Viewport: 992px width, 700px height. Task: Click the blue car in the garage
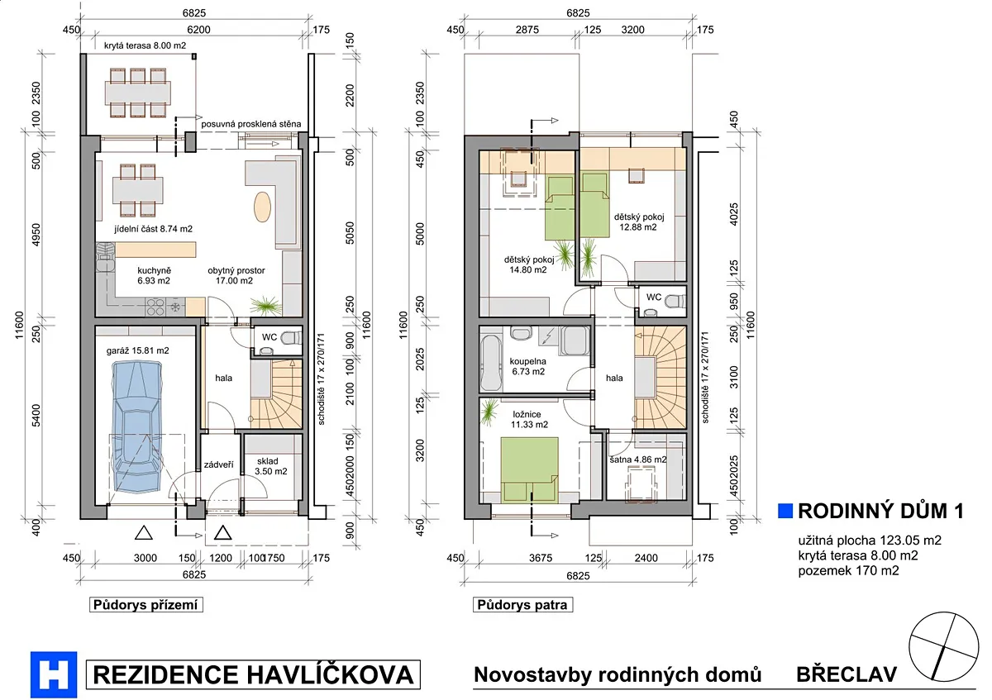(136, 426)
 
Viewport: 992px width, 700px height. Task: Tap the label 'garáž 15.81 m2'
(137, 350)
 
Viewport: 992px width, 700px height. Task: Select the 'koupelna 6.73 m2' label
(528, 366)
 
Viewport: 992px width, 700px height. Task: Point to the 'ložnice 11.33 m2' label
(529, 419)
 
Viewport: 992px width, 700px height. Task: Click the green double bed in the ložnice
(529, 469)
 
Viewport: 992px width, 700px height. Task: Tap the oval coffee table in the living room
(262, 207)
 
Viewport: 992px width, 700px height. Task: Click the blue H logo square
(54, 674)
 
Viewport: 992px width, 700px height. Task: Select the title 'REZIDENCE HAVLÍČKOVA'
(253, 674)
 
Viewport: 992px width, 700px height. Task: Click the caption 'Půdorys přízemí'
(145, 604)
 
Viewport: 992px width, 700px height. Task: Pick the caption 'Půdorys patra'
(522, 604)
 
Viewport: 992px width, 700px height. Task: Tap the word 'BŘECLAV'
(847, 674)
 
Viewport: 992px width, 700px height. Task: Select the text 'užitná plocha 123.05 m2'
(870, 540)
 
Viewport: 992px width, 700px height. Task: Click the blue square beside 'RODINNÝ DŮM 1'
(785, 511)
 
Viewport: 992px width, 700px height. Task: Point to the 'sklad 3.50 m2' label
(270, 466)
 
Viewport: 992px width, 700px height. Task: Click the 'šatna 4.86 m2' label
(637, 460)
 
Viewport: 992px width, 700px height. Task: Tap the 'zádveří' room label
(218, 464)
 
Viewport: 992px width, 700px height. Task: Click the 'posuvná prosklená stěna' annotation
(251, 124)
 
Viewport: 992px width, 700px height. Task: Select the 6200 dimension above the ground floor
(198, 30)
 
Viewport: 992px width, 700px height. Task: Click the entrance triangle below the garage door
(144, 533)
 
